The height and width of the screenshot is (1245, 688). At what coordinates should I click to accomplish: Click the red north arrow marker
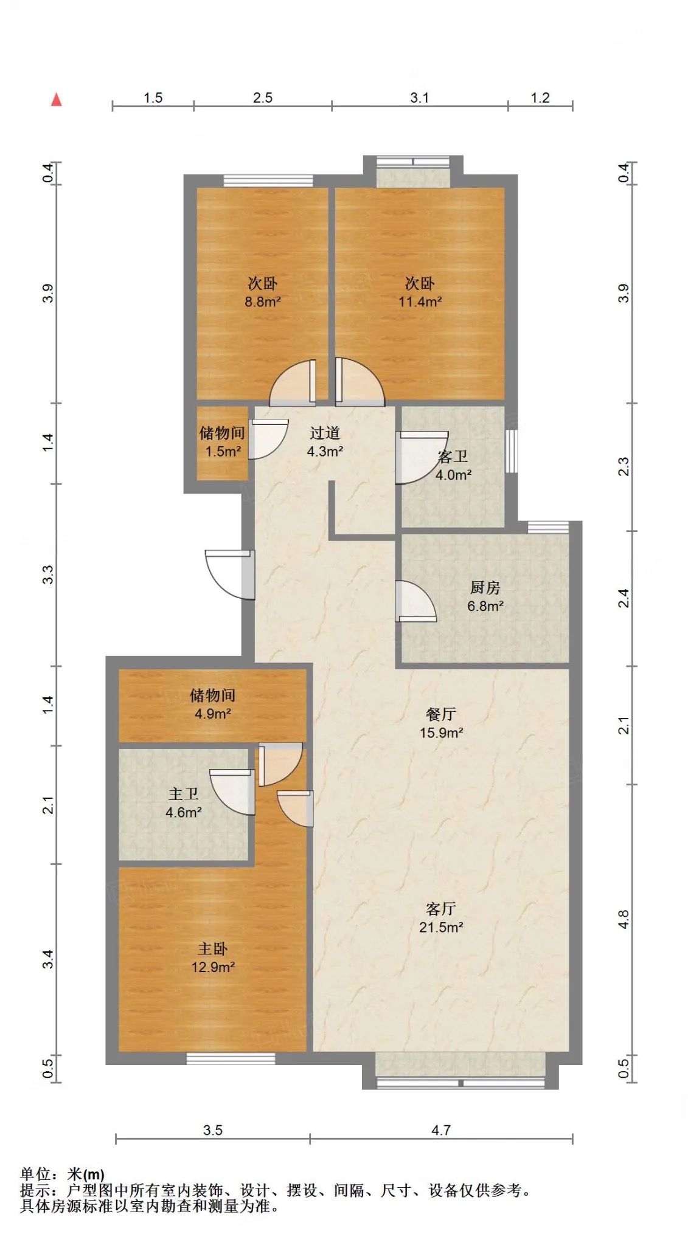pos(57,100)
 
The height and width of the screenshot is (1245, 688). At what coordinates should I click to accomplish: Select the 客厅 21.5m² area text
pos(441,918)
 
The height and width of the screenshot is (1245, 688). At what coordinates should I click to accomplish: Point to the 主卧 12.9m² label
pos(213,957)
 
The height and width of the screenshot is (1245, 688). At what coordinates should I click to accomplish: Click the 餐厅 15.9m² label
pos(441,723)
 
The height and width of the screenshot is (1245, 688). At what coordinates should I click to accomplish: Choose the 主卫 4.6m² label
pos(184,803)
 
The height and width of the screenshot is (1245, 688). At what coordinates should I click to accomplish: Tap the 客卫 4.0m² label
pos(453,466)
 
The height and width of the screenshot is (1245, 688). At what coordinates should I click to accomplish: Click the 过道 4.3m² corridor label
pos(325,442)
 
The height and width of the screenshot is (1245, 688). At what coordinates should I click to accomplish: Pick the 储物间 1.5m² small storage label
pos(222,442)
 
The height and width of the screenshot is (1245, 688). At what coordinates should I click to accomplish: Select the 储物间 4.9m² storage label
pos(212,704)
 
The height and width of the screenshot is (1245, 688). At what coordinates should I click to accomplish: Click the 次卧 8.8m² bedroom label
pos(263,292)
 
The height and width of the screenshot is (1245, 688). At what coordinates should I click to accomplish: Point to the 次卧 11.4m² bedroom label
pos(420,292)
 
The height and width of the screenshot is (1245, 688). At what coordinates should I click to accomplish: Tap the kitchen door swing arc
pos(415,601)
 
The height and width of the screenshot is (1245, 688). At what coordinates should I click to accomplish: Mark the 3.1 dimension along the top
pos(420,98)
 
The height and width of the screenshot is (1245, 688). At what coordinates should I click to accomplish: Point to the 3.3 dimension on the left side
pos(48,574)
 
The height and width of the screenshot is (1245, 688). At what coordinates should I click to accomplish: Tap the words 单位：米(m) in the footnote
pos(62,1174)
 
